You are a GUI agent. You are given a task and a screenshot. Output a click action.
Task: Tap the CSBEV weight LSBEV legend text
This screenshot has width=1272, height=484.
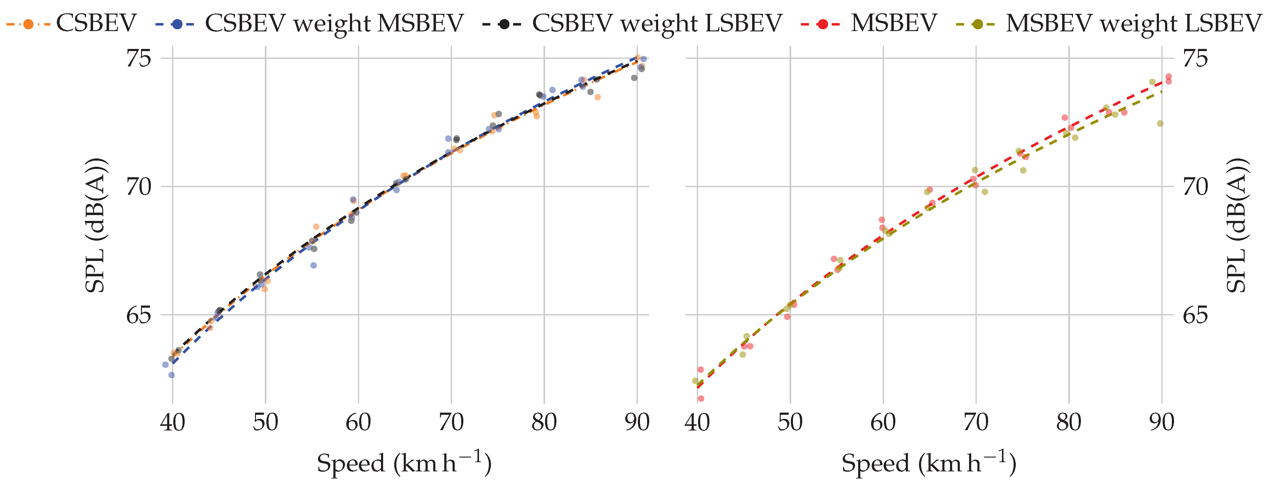tap(657, 23)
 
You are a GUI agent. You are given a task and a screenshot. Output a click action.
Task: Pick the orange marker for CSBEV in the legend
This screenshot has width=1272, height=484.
tap(28, 24)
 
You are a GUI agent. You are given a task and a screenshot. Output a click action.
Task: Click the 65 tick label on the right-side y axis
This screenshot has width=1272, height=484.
tap(1195, 315)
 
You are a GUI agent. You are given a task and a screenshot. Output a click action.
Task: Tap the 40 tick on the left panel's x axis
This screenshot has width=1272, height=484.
tap(172, 422)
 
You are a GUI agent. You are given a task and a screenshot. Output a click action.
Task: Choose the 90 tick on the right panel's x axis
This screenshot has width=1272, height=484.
tap(1162, 422)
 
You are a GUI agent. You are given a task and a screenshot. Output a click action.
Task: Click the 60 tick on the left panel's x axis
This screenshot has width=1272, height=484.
tap(359, 422)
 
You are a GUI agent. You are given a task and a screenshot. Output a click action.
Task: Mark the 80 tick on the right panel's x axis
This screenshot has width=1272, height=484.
tap(1069, 422)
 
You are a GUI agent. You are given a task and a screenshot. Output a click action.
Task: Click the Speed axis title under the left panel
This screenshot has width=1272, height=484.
tap(404, 463)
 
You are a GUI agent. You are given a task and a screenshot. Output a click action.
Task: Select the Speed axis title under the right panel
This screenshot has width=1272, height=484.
tap(928, 463)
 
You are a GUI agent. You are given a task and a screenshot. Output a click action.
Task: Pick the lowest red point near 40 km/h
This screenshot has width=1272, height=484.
tap(701, 398)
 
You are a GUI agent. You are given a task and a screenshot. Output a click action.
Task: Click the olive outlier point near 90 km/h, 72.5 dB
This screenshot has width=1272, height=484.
tap(1160, 124)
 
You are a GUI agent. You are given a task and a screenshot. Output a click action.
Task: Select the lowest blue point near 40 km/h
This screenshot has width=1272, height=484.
tap(171, 375)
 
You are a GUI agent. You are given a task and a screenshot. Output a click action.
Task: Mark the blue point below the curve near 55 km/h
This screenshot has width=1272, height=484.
tap(313, 266)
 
